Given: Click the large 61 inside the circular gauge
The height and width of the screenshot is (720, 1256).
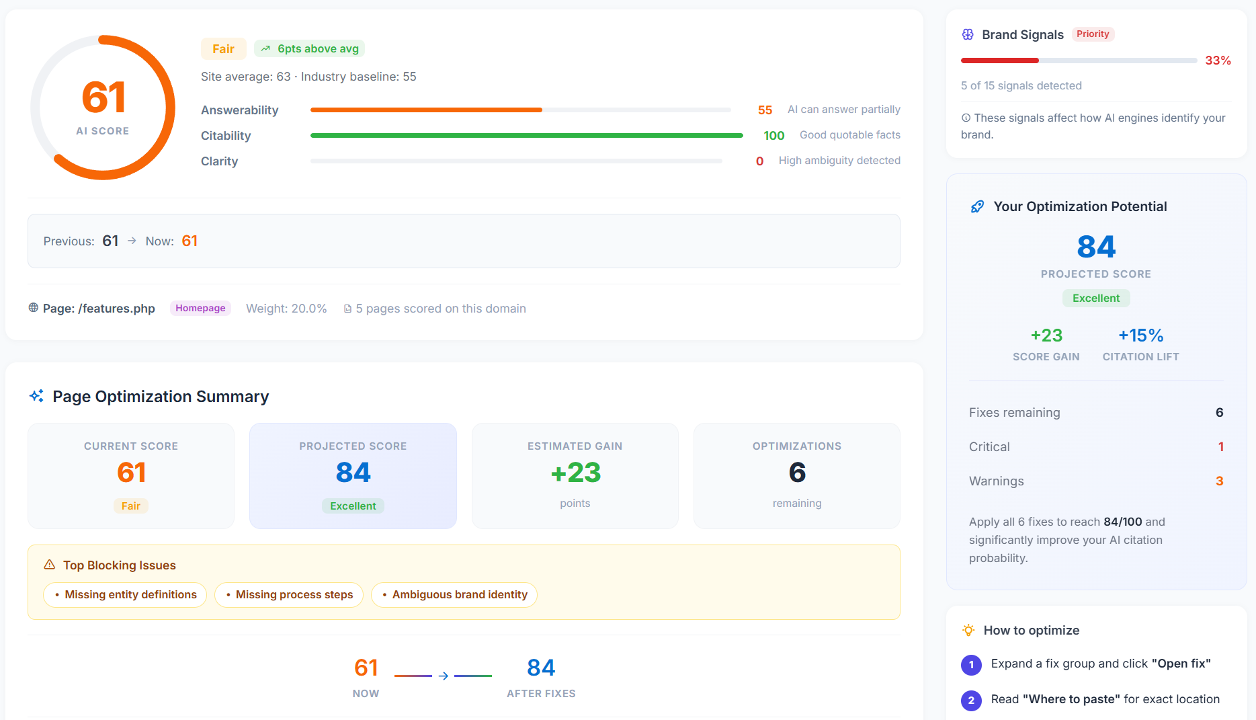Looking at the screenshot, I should click(x=103, y=97).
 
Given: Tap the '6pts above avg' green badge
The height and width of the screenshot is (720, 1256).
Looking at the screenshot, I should click(x=310, y=49).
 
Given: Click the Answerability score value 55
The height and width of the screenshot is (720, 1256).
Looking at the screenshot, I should click(x=765, y=110).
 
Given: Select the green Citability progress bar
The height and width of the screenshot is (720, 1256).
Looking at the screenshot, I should click(x=526, y=136).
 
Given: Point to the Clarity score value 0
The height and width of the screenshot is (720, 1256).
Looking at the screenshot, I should click(x=759, y=161).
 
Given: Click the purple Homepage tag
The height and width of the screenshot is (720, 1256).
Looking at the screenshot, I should click(x=200, y=308).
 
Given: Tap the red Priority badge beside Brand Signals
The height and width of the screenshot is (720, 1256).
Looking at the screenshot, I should click(x=1093, y=34).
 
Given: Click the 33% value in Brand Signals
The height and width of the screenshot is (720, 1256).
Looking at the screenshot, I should click(x=1218, y=61).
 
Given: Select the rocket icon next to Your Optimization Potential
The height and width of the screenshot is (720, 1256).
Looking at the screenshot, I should click(x=977, y=207).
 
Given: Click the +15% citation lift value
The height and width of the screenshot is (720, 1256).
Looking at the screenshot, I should click(x=1140, y=335).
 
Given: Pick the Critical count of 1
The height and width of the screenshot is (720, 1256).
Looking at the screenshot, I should click(x=1220, y=447).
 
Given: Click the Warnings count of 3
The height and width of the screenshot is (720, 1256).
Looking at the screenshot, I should click(x=1219, y=481).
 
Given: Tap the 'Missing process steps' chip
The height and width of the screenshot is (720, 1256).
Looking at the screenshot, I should click(x=289, y=595).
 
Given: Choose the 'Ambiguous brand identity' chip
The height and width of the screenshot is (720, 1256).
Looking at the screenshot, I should click(x=454, y=595).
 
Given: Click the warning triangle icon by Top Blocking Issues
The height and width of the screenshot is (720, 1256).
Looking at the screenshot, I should click(x=50, y=565).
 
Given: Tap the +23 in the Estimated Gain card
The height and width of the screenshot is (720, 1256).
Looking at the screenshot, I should click(x=575, y=473).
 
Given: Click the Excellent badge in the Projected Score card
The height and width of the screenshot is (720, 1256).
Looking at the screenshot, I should click(x=353, y=506).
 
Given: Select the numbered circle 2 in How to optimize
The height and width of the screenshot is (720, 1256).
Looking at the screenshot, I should click(x=971, y=700).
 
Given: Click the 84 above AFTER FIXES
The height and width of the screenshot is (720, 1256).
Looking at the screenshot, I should click(x=541, y=668).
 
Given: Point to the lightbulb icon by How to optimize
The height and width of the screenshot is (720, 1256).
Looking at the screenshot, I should click(x=968, y=631).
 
